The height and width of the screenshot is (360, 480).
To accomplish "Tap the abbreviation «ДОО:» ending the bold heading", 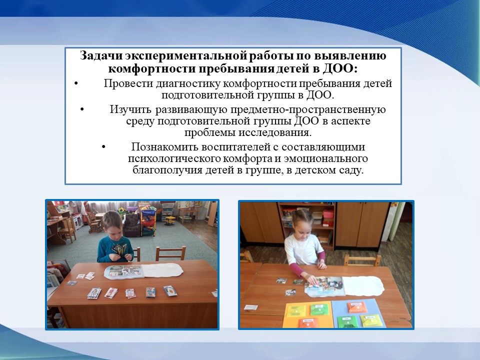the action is coord(340,68).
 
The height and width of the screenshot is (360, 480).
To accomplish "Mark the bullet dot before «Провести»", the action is coord(76,83).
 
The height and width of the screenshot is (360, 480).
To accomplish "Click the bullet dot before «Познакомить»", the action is coord(103,147).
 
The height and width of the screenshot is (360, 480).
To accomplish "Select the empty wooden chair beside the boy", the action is coord(170,254).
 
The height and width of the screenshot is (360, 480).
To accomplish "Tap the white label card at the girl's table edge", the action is coord(250,307).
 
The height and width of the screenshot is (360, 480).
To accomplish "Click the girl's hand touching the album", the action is coord(311,280).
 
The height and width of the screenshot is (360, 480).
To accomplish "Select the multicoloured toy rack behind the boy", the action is coord(148,221).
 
